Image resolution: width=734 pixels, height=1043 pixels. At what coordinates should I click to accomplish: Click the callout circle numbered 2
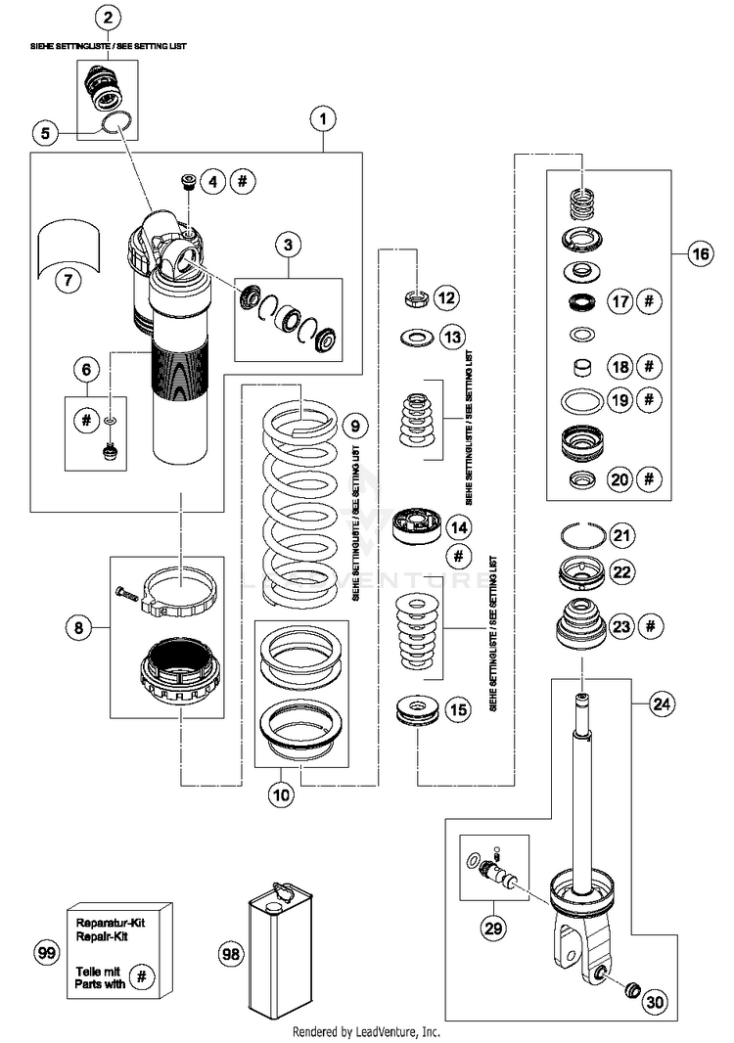[107, 18]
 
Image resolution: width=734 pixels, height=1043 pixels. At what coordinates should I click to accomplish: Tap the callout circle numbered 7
[69, 280]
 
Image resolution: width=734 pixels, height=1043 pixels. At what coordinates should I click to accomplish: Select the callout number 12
[446, 297]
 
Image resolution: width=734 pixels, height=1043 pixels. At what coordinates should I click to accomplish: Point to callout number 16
[701, 253]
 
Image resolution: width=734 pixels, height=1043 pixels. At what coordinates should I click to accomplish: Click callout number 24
[662, 703]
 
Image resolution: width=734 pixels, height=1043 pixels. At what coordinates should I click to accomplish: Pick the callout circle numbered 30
[656, 1002]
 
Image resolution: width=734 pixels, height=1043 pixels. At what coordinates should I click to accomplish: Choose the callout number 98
[230, 955]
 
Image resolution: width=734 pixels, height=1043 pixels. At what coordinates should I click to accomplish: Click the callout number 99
[46, 953]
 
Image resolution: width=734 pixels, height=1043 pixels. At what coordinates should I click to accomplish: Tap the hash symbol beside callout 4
[243, 181]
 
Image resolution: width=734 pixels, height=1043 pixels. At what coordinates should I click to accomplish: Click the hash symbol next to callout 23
[650, 626]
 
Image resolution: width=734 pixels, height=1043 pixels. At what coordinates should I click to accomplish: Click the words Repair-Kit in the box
[102, 936]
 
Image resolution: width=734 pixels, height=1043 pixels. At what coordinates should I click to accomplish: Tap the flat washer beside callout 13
[418, 338]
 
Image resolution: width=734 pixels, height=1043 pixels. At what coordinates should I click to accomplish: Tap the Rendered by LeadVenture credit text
[367, 1031]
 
